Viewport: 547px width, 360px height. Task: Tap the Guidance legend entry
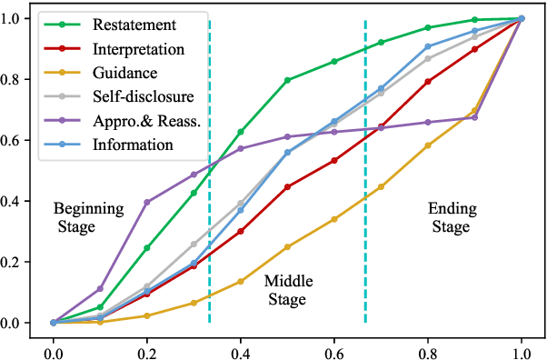(x=126, y=73)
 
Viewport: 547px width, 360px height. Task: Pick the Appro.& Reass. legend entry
(x=146, y=120)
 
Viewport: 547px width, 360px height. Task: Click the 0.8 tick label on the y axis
(x=15, y=79)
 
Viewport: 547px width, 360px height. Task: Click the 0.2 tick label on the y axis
(x=15, y=262)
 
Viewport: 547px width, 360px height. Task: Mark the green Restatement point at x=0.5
(x=287, y=80)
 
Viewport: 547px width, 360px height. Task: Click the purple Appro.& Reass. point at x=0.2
(x=147, y=202)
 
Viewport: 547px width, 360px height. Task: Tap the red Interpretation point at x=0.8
(x=428, y=82)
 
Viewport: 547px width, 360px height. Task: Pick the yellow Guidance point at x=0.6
(x=334, y=219)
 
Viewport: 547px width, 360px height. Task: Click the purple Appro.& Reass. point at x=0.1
(x=100, y=289)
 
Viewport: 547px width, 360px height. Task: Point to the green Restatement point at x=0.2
(x=147, y=248)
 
